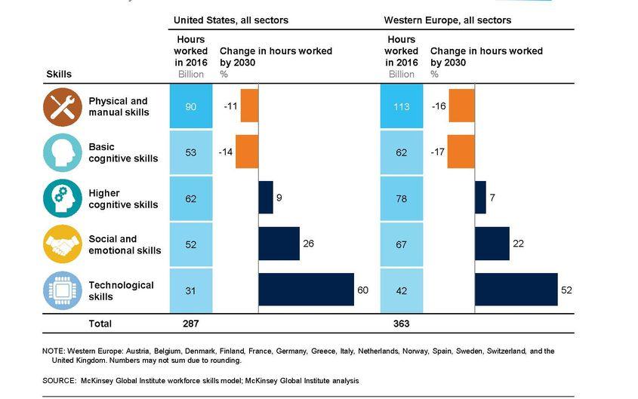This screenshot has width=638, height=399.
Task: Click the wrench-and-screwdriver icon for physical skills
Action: [x=63, y=106]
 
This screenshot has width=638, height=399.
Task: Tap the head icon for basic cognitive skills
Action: [x=63, y=152]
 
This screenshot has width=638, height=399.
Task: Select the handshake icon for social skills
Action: [x=63, y=244]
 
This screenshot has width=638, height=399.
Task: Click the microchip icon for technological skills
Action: [x=63, y=290]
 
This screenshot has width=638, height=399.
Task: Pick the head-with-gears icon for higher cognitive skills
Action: [x=63, y=198]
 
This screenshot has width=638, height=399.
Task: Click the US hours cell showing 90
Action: [x=190, y=106]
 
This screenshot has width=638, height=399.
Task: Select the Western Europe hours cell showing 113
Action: [x=401, y=106]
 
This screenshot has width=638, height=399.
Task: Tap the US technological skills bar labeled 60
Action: [x=306, y=290]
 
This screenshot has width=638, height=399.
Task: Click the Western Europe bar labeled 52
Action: [x=516, y=290]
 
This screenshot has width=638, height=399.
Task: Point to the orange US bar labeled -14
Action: [x=247, y=152]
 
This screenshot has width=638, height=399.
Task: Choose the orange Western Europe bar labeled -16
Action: [x=461, y=106]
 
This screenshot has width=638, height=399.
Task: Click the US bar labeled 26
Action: [x=279, y=244]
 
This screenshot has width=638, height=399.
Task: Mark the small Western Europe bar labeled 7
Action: [x=480, y=198]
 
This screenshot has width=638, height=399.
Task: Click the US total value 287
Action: [x=190, y=324]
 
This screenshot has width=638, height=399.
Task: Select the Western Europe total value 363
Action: [x=401, y=324]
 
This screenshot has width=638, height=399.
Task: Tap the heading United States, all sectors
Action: [x=230, y=20]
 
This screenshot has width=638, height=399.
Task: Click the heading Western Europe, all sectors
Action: [x=447, y=20]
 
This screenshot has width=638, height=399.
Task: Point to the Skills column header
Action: [x=59, y=74]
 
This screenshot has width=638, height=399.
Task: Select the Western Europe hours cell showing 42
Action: [x=401, y=290]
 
